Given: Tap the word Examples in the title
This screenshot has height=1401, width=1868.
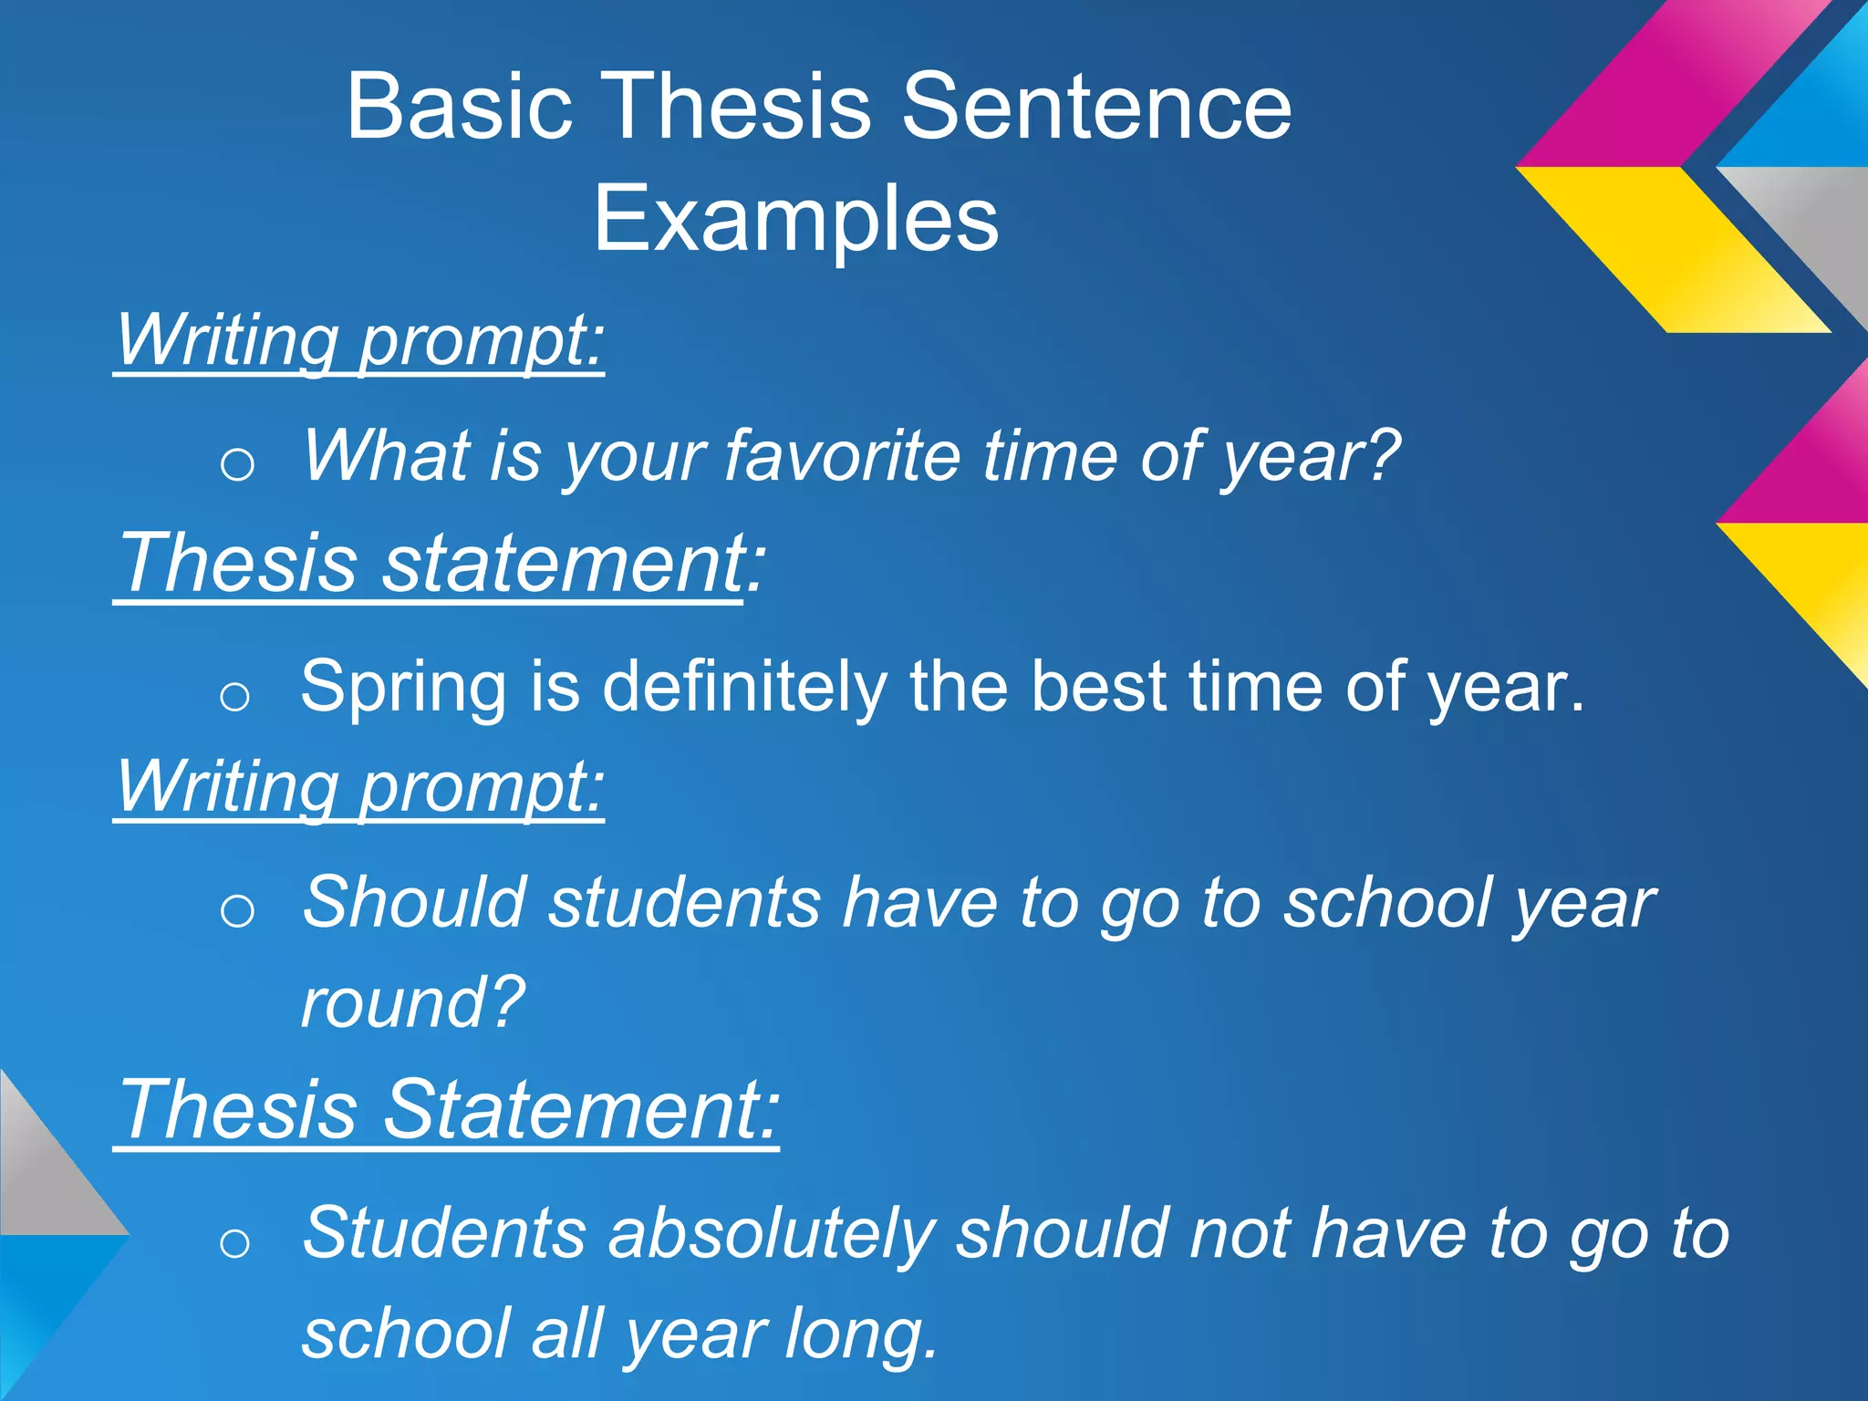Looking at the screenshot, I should (x=796, y=219).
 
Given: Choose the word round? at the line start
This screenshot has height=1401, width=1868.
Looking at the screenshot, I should (x=413, y=1002).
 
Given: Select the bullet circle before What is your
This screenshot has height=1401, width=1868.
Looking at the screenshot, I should (x=237, y=465).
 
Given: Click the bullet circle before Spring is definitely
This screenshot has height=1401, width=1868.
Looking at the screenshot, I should (x=235, y=697).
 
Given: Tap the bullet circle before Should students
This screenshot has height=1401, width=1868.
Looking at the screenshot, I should (x=237, y=910).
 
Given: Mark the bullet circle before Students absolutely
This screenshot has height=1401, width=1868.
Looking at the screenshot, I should (x=235, y=1242).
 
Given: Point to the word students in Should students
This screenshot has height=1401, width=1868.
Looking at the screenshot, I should (x=684, y=903).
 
